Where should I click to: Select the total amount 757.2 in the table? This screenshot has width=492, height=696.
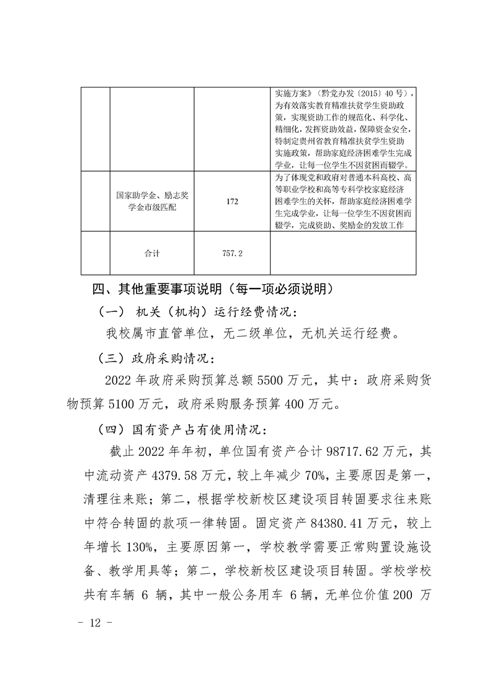tap(233, 253)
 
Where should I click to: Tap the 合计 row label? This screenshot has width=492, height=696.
tap(152, 253)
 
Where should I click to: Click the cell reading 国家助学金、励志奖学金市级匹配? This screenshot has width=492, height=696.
tap(152, 201)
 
